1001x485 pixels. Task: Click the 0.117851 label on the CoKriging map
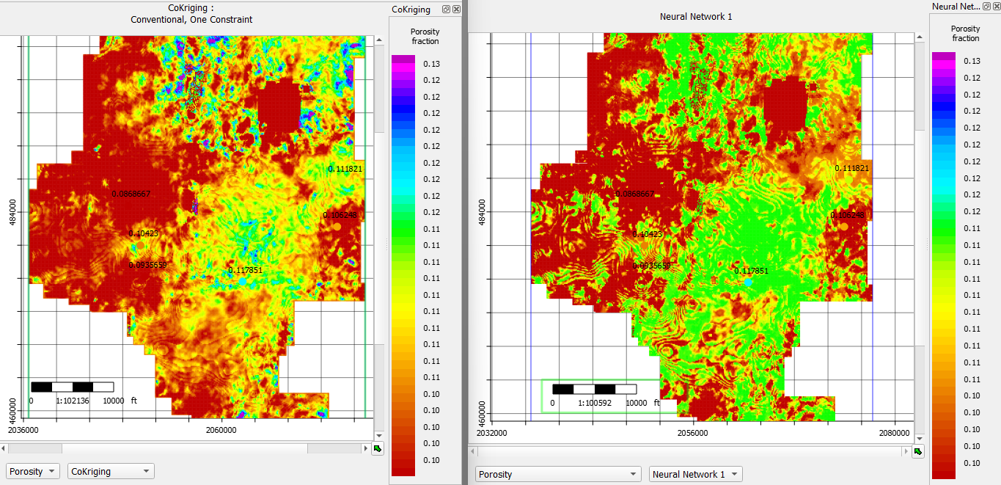coord(245,270)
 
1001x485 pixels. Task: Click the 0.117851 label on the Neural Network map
coord(752,271)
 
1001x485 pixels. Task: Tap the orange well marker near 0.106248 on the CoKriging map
coord(337,227)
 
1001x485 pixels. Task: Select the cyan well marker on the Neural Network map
coord(747,282)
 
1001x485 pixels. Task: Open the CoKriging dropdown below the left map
coord(111,471)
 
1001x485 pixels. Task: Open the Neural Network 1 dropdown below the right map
coord(695,474)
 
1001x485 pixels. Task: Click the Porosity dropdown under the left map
coord(32,471)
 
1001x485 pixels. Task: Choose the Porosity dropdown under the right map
coord(557,474)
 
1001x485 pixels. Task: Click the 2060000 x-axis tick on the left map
coord(221,430)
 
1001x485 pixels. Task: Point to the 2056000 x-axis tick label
coord(692,433)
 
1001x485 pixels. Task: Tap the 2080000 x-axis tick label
coord(895,433)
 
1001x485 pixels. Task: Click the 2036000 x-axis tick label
coord(24,430)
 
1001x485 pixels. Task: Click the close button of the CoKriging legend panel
coord(456,10)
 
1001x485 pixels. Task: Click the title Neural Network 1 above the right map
coord(695,16)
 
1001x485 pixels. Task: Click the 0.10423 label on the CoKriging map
coord(144,233)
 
